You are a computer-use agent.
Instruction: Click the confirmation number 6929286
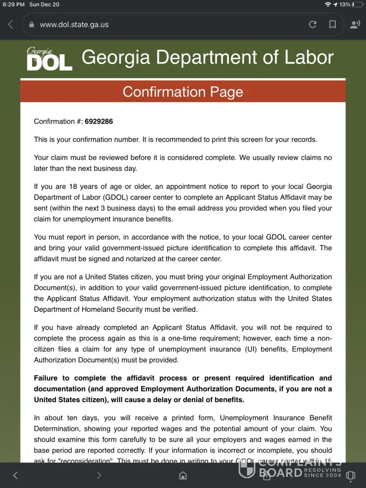coord(99,122)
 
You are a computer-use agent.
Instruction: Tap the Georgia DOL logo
coord(49,59)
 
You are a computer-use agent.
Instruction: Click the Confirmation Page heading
coord(183,92)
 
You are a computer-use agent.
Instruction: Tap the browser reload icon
coord(313,24)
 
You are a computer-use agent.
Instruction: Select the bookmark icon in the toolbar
coord(332,24)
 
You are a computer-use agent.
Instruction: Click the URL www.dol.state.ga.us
coord(74,24)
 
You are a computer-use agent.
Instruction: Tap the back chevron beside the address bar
coord(11,24)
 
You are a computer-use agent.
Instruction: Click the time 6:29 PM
coord(14,4)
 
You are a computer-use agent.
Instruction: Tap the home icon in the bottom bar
coord(183,475)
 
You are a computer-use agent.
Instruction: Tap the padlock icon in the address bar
coord(32,24)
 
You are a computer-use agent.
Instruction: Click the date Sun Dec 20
coord(44,4)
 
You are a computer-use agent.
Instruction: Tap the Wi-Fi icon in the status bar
coord(327,4)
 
